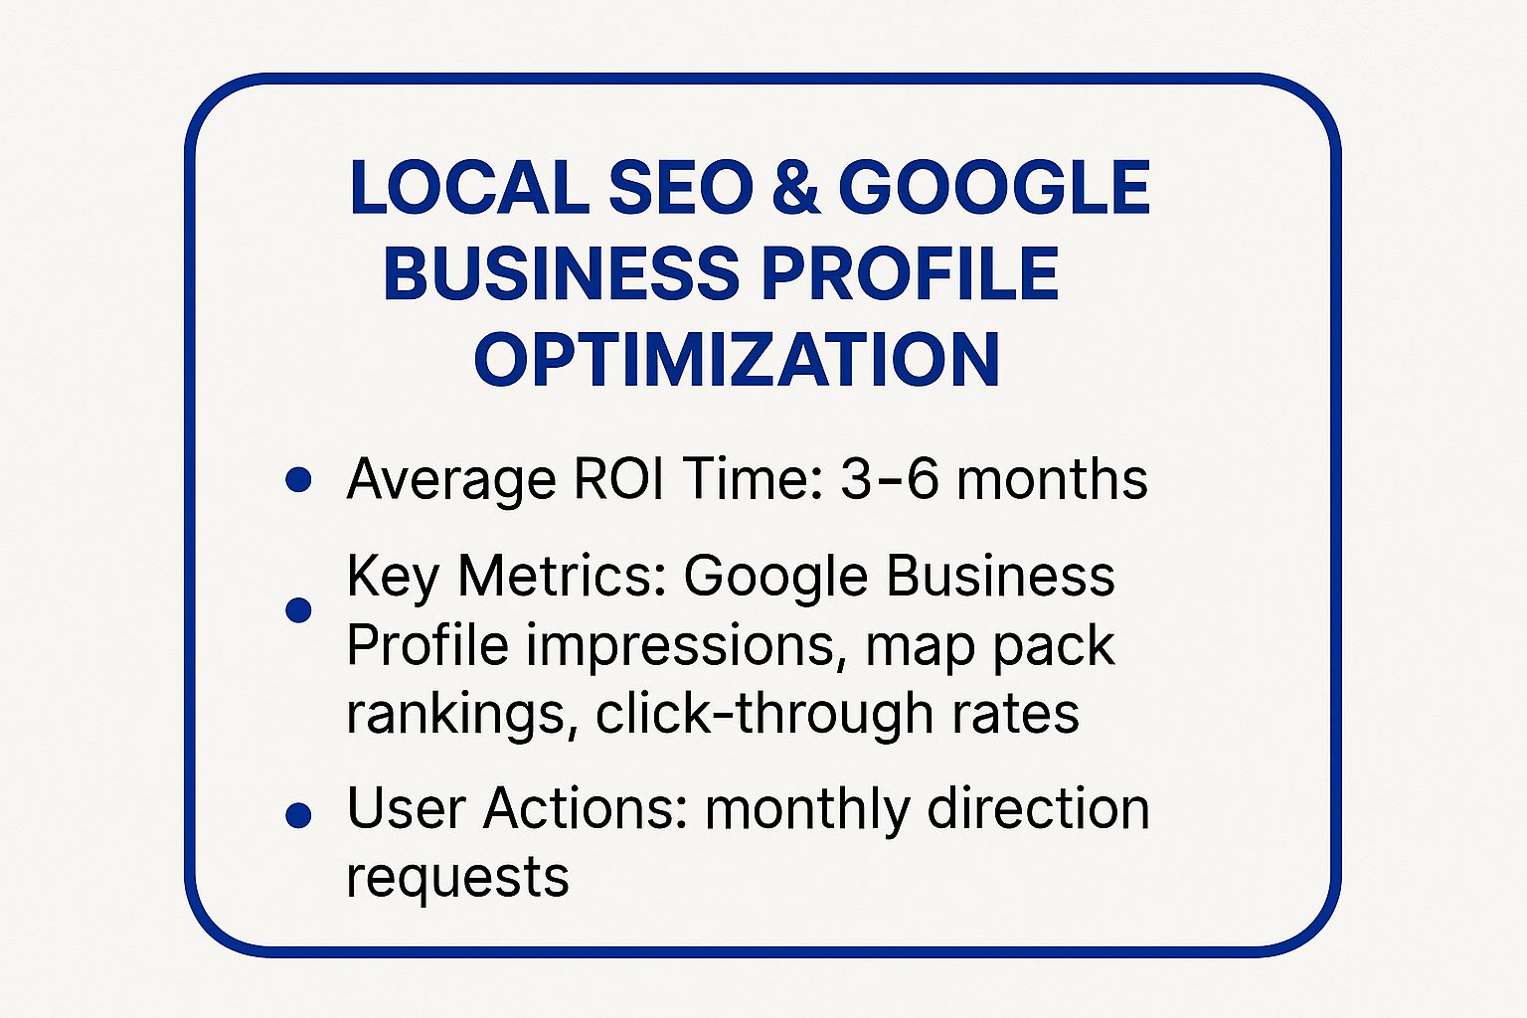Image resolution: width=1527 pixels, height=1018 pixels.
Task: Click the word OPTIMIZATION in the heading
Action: tap(737, 360)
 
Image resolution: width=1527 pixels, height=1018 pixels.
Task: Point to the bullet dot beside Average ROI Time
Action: tap(298, 480)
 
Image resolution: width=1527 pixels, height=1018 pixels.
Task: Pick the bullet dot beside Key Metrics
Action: tap(298, 609)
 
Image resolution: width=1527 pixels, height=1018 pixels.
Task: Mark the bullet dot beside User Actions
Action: tap(298, 815)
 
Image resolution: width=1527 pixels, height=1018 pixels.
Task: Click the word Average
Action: tap(450, 480)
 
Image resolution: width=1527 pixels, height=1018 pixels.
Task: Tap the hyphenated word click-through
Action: tap(763, 714)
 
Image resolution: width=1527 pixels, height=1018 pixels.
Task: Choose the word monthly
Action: tap(807, 809)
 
